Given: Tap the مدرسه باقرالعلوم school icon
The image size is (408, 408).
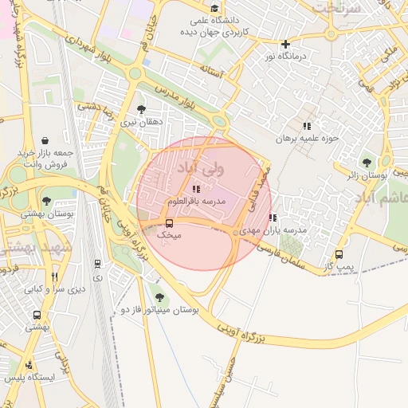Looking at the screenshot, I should coord(196,188).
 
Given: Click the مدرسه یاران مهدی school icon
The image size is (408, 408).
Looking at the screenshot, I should coord(273,218).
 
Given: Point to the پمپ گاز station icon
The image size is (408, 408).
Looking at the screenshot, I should coord(339,255).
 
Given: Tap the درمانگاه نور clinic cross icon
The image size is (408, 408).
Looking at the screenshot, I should coord(285,44).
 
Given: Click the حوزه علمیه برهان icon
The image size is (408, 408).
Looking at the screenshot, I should coord(306,126).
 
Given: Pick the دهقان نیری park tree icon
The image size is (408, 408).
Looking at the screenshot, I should coord(142,110).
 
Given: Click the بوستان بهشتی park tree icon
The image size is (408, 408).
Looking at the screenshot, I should coord(47,202).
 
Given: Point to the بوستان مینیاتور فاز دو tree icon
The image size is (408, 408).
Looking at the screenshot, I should coord(159,297).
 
